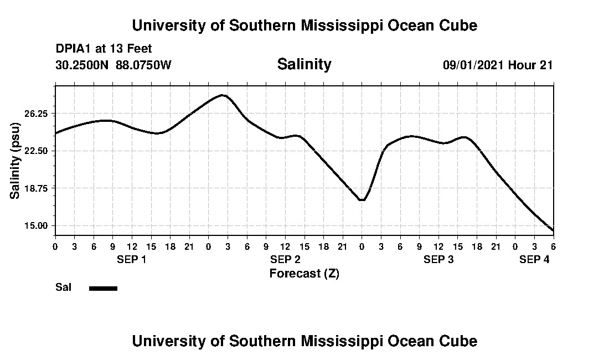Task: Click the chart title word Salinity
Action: pos(304,64)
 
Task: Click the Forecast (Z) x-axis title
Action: pos(304,273)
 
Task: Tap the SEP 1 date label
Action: pos(131,259)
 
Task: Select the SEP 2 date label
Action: pos(285,259)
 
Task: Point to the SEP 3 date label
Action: pos(438,259)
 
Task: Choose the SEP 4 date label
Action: pos(534,259)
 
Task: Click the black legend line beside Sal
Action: pos(103,288)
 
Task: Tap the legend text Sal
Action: pos(63,287)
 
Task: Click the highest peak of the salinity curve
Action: pos(223,95)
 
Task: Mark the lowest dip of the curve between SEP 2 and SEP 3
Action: pos(362,200)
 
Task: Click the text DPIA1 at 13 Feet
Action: pos(104,49)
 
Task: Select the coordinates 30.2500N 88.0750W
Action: pos(113,65)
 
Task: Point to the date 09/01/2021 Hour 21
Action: pos(498,65)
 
